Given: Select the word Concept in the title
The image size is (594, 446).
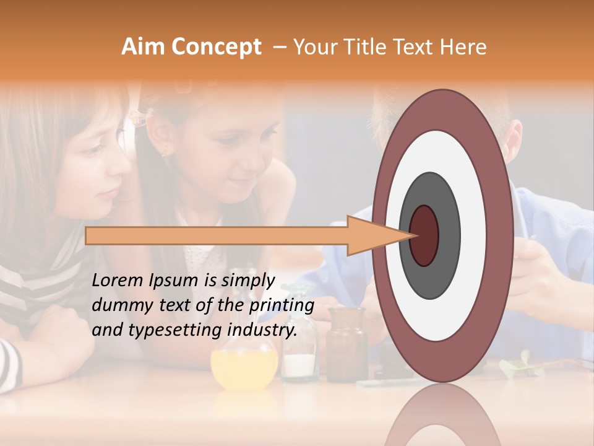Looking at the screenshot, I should pos(216,47).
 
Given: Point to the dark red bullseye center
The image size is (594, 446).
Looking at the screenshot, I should pos(424,235).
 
